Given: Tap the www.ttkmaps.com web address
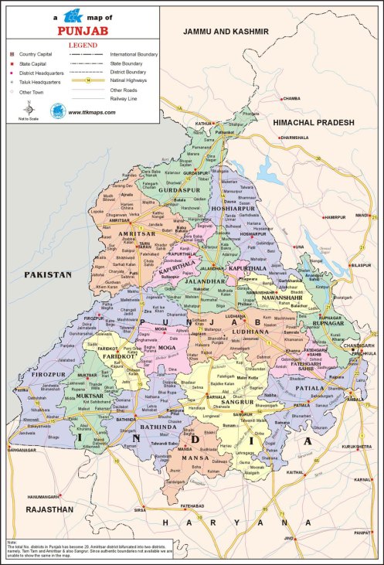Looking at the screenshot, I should pos(92,112).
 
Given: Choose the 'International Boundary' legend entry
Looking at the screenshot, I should pos(134,55).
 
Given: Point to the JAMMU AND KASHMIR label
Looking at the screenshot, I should pos(225,32).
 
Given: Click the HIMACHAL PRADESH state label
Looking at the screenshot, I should pos(317,123).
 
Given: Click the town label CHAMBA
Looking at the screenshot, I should pos(291,99).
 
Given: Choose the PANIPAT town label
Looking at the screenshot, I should pos(362,533).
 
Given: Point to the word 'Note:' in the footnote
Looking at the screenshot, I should pos(12,543).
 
